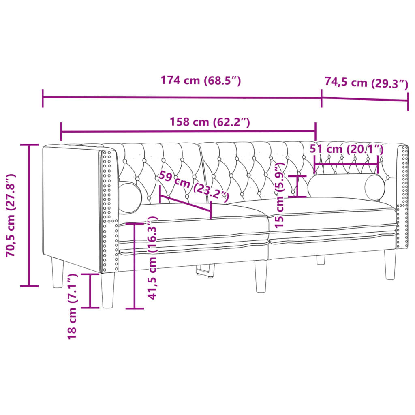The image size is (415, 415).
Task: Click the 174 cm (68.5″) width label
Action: (x=201, y=81)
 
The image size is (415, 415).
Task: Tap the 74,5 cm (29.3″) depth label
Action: (x=366, y=83)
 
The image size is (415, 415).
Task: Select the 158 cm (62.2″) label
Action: (x=209, y=122)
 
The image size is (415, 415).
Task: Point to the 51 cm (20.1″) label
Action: (x=347, y=149)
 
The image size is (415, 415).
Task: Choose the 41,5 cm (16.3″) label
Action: (x=153, y=258)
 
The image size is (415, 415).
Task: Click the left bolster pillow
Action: (x=130, y=197)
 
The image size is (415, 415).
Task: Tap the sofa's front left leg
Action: (x=108, y=290)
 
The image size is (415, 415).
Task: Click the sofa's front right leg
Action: (x=390, y=264)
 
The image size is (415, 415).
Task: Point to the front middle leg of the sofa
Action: (x=261, y=276)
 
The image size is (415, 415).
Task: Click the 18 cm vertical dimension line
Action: (x=90, y=291)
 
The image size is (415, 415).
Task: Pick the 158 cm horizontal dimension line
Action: (x=188, y=131)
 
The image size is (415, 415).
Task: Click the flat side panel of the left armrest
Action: (x=71, y=207)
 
